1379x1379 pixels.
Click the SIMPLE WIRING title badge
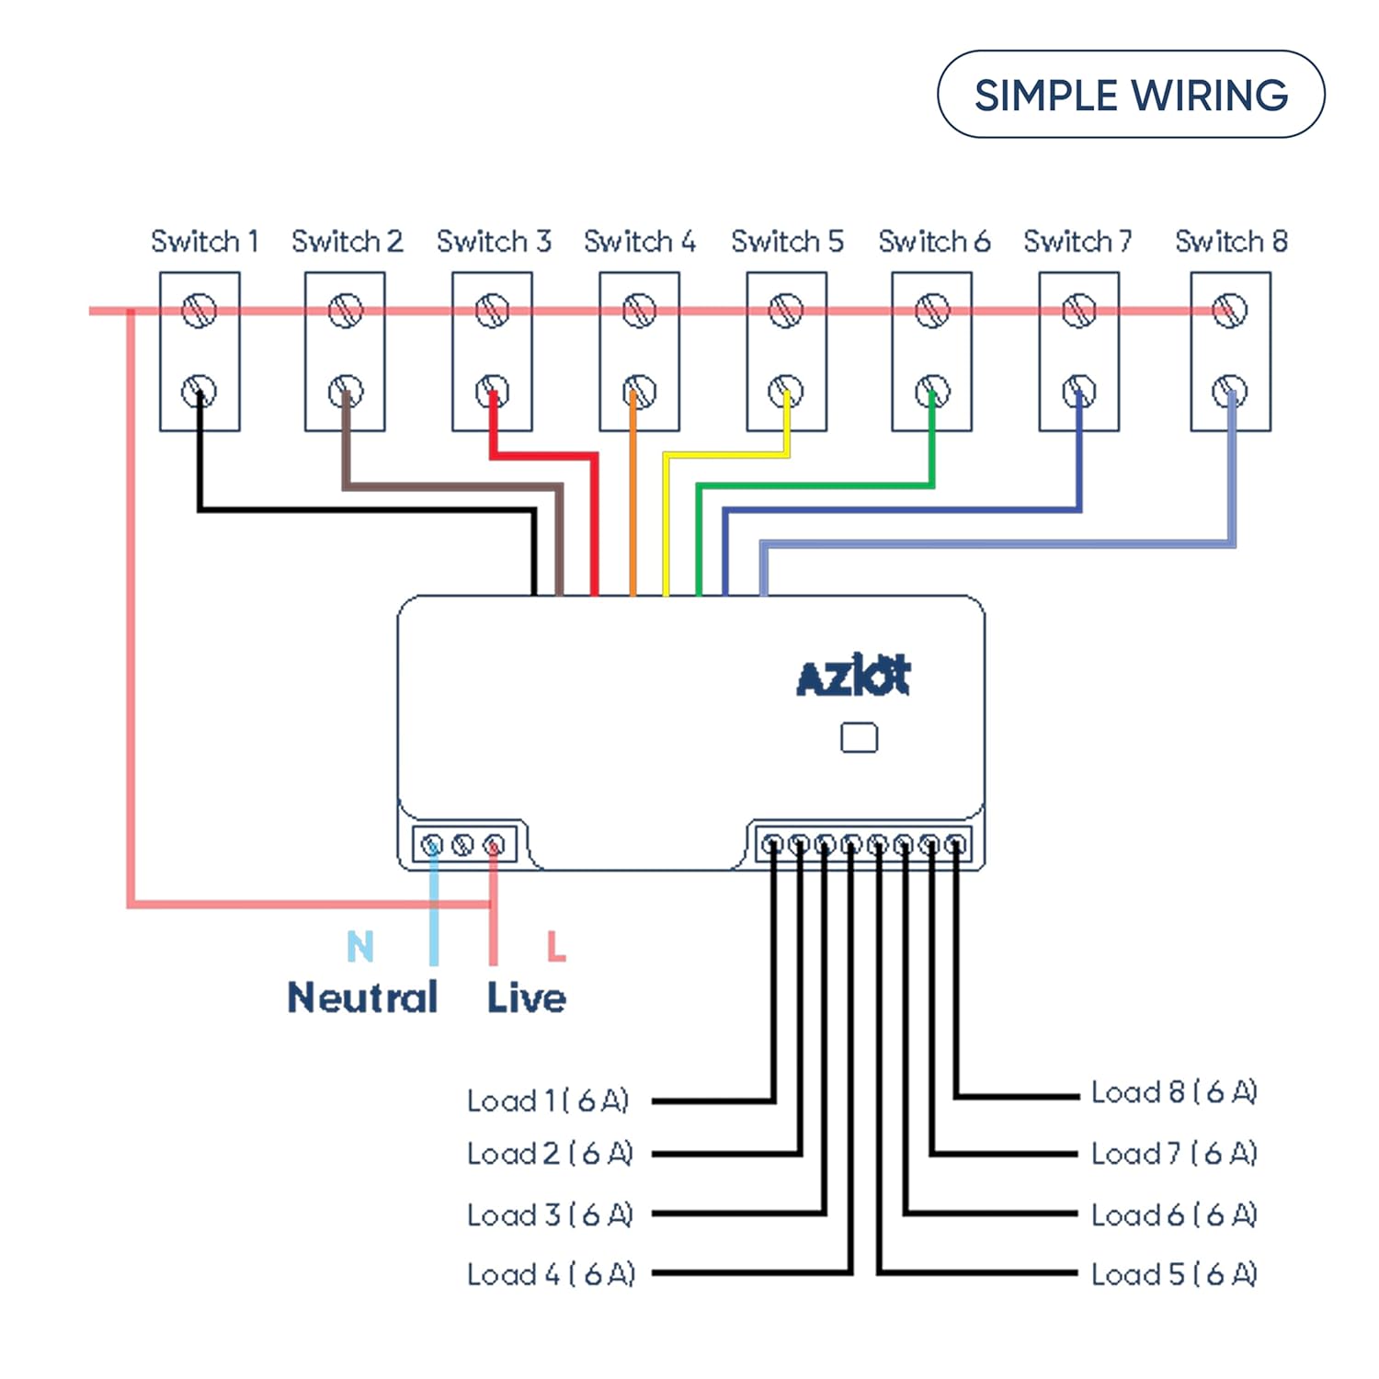click(1131, 95)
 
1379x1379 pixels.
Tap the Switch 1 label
click(204, 242)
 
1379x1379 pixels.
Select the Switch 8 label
click(1231, 242)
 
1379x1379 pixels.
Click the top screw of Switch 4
click(639, 311)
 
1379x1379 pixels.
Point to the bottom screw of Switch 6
click(932, 392)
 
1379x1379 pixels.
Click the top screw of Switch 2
click(345, 311)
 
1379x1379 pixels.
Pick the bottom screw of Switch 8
click(1229, 392)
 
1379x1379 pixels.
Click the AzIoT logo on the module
click(853, 677)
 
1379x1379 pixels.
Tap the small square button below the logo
click(859, 737)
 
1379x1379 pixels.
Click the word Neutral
click(362, 997)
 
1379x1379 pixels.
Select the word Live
click(526, 997)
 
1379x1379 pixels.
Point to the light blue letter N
click(360, 946)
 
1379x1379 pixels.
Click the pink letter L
click(555, 946)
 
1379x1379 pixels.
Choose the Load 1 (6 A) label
click(548, 1100)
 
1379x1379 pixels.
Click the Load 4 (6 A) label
click(551, 1274)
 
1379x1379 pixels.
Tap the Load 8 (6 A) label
click(1174, 1092)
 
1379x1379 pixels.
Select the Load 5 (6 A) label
click(1174, 1274)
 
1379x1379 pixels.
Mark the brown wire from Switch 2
click(450, 485)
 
